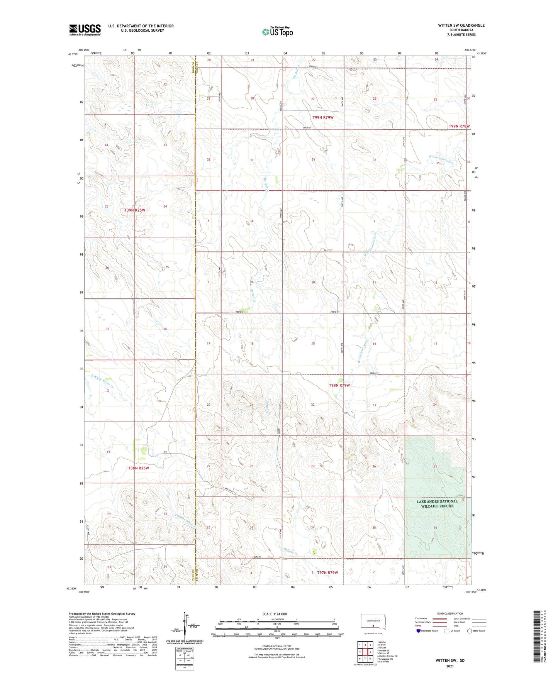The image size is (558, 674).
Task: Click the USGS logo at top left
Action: pos(85,30)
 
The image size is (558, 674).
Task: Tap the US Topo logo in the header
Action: pos(277,32)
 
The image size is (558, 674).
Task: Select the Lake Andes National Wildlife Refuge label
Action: pos(437,503)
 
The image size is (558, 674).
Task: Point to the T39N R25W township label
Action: pos(135,210)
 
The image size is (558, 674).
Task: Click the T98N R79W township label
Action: pos(339,385)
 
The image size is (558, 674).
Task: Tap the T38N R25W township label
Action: pos(138,468)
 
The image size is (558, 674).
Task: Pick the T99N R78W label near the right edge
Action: pos(459,126)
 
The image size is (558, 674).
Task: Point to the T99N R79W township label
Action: pos(322,117)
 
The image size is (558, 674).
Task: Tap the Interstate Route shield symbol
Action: pos(419,631)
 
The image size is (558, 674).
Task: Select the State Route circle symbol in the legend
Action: pos(470,631)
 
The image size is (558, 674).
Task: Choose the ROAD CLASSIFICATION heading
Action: pos(450,613)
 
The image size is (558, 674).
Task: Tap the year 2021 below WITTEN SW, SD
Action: pos(450,666)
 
